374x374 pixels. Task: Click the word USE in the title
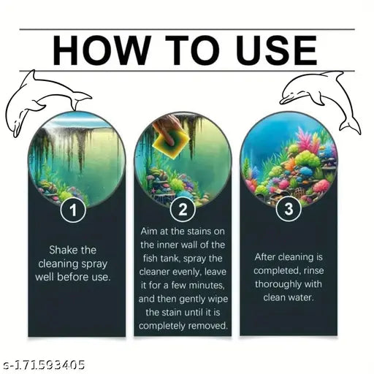[x=277, y=50]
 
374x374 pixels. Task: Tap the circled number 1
[x=73, y=210]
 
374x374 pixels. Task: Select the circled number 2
[x=183, y=210]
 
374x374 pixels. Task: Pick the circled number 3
[x=289, y=209]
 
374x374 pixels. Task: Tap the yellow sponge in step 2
[x=171, y=145]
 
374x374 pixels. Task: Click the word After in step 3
[x=265, y=257]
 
